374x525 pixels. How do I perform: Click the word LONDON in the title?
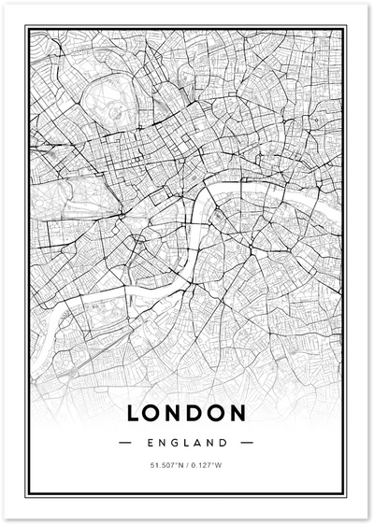(187, 411)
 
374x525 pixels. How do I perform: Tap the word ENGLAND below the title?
(187, 440)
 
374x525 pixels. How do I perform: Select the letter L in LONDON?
(134, 411)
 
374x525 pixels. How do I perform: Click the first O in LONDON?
(153, 411)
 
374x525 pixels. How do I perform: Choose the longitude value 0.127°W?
(209, 464)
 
